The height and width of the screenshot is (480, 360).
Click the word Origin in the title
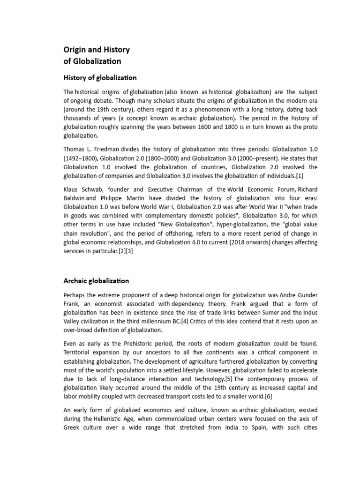tap(75, 50)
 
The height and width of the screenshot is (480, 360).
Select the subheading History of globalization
tap(100, 77)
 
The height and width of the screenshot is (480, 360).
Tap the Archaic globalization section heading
tap(96, 281)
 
